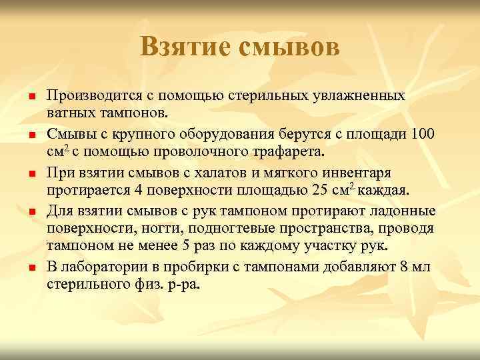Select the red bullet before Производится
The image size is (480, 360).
pos(31,98)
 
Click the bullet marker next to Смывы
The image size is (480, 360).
pos(31,136)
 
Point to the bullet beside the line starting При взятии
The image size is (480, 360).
pos(31,174)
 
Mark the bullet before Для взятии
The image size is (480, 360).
pos(31,212)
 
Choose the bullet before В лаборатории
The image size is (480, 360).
pos(31,268)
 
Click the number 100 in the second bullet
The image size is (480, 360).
pos(423,132)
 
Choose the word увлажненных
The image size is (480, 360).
pos(357,95)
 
